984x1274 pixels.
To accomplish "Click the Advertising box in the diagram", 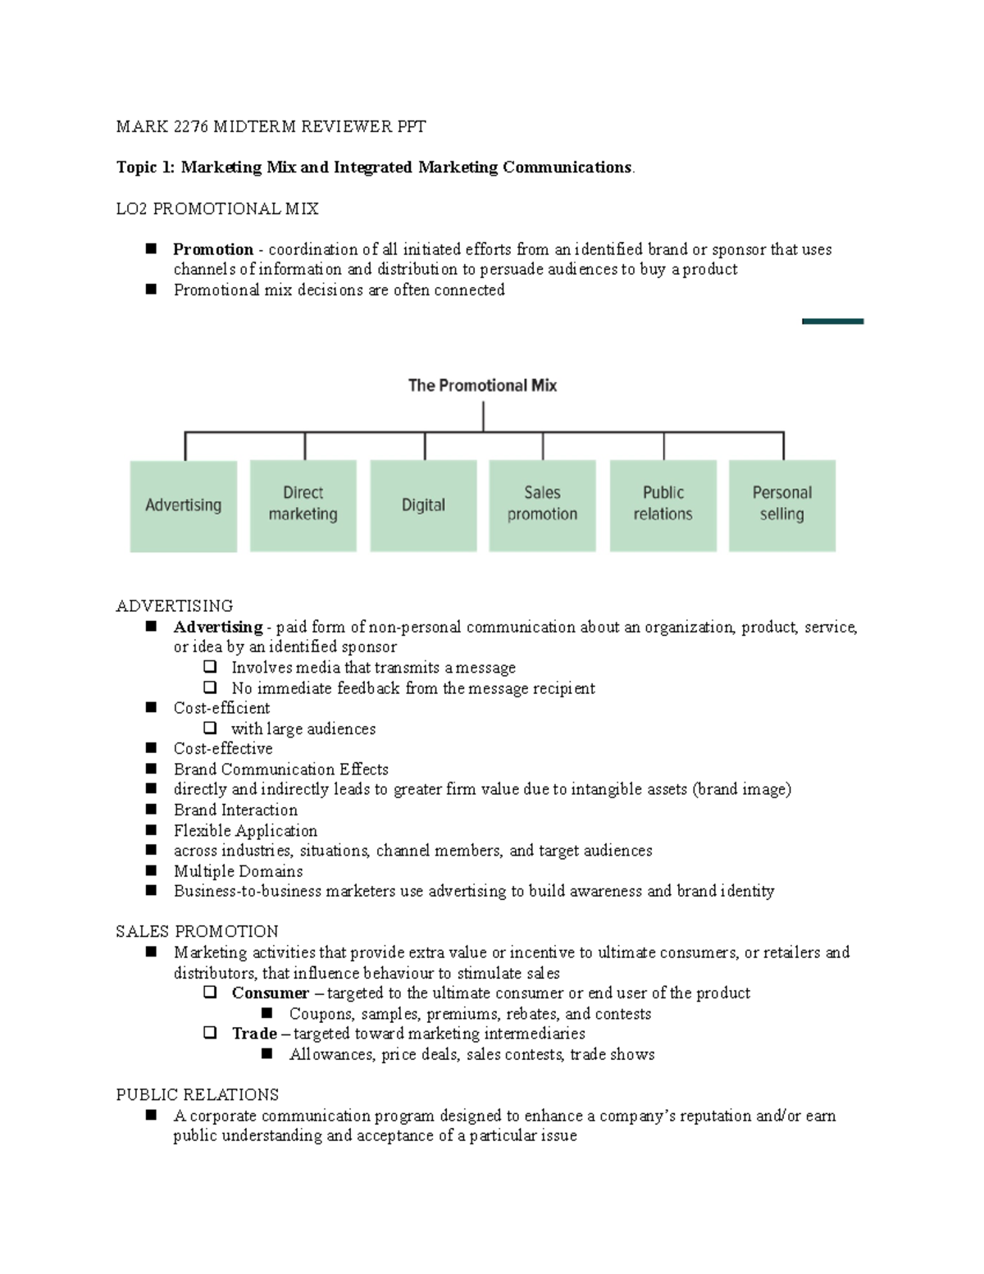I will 183,505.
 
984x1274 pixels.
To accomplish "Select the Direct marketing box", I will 303,505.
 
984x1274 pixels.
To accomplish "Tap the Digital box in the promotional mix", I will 423,505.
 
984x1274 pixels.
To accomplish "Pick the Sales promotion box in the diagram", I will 542,505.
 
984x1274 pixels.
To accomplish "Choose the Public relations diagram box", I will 663,505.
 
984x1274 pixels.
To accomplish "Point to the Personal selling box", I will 781,505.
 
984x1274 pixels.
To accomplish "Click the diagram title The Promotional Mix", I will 482,386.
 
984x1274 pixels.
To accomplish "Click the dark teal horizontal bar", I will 832,322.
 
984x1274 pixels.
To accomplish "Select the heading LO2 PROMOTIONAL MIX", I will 217,209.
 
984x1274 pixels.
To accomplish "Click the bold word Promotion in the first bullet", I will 213,249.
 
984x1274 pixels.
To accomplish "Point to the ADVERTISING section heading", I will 175,606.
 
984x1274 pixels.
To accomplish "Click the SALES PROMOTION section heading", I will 197,932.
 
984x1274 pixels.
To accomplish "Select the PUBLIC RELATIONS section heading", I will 197,1095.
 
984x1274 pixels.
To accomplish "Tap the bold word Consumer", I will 270,993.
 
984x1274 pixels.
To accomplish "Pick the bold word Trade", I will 254,1034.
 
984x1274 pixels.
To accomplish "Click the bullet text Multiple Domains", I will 238,871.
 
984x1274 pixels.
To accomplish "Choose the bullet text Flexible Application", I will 245,831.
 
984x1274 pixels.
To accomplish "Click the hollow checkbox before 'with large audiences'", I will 211,728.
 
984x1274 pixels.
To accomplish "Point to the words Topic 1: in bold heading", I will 145,167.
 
